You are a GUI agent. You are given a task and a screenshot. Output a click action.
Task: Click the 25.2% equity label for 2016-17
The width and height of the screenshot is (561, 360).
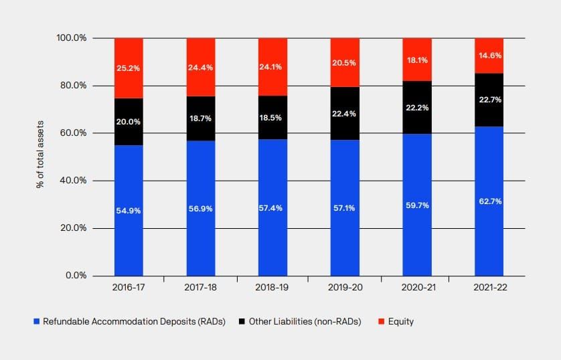[129, 68]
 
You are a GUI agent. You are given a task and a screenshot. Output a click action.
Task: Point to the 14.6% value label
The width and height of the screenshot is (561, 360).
[489, 56]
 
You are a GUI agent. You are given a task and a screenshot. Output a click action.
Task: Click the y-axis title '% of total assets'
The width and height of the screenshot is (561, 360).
[40, 156]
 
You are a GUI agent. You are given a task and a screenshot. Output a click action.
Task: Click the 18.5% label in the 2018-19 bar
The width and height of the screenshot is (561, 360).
[272, 118]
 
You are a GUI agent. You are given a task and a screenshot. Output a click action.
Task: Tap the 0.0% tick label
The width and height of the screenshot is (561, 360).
[76, 276]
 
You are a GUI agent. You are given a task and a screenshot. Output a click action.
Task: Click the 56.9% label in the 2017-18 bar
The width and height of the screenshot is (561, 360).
[200, 208]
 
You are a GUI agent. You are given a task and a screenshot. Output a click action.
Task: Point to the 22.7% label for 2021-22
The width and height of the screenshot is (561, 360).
[489, 100]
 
